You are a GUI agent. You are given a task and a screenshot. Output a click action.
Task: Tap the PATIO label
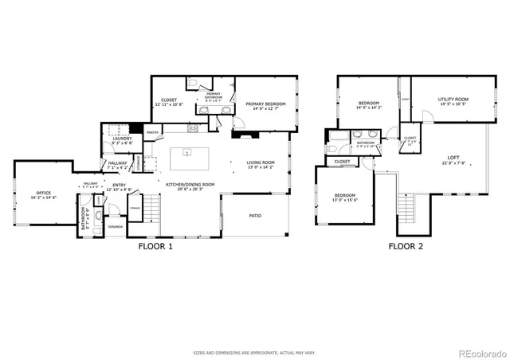click(x=255, y=215)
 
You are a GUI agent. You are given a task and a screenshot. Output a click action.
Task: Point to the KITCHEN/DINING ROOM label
click(x=190, y=184)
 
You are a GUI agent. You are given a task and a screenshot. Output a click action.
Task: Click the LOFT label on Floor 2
click(x=453, y=159)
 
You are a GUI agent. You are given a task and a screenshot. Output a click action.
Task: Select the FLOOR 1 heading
click(x=155, y=247)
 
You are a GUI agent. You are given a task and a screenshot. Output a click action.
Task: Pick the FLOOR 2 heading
click(x=406, y=247)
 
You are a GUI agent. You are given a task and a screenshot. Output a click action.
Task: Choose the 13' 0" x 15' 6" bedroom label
click(x=344, y=197)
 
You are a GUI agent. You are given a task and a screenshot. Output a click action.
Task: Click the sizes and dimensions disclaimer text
click(x=254, y=351)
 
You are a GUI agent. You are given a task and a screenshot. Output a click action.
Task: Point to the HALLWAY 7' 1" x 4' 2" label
click(x=118, y=166)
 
